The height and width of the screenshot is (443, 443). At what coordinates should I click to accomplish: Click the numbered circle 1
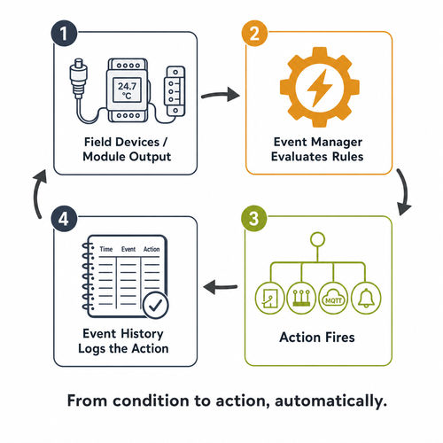coord(64,33)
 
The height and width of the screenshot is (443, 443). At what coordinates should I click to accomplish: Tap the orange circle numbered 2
coord(254,33)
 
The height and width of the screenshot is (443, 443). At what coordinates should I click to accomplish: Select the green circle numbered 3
coord(254,219)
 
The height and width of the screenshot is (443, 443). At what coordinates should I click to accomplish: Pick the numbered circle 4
coord(64,219)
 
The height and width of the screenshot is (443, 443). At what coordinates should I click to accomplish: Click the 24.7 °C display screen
coord(127,90)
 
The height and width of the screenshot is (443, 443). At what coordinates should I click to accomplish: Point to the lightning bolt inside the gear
coord(320,88)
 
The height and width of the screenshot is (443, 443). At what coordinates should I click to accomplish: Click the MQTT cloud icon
coord(334,299)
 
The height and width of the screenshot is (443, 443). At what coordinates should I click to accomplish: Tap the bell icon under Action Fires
coord(366,299)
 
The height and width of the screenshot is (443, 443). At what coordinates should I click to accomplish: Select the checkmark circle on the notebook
coord(156,305)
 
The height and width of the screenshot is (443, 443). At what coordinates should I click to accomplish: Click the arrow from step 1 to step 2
coord(220,95)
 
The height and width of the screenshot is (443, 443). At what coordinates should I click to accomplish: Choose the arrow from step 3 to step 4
coord(221,287)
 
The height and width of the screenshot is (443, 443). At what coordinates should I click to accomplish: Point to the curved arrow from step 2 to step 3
coord(405,192)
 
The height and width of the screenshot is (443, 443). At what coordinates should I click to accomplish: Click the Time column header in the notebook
coord(106,249)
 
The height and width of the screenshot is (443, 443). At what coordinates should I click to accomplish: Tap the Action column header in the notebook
coord(152,249)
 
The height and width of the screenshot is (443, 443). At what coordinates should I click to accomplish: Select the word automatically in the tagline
coord(330,401)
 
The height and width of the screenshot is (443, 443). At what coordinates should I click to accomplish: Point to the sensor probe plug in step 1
coord(78,78)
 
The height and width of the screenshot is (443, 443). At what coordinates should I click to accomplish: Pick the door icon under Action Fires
coord(269,299)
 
